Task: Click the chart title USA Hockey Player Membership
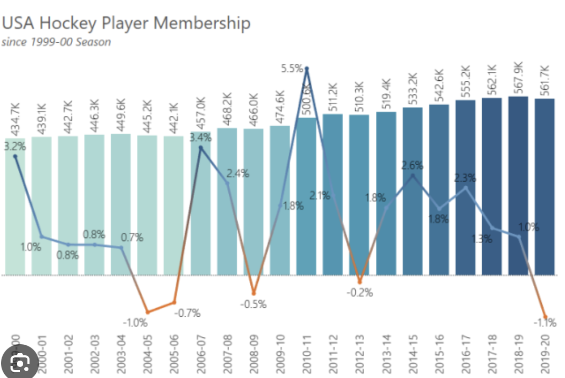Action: click(126, 23)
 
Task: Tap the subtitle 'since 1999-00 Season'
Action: click(56, 42)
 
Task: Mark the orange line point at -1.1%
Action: click(545, 317)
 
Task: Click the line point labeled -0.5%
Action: click(254, 293)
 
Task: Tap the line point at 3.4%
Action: click(201, 148)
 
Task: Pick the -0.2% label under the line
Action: click(360, 292)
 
